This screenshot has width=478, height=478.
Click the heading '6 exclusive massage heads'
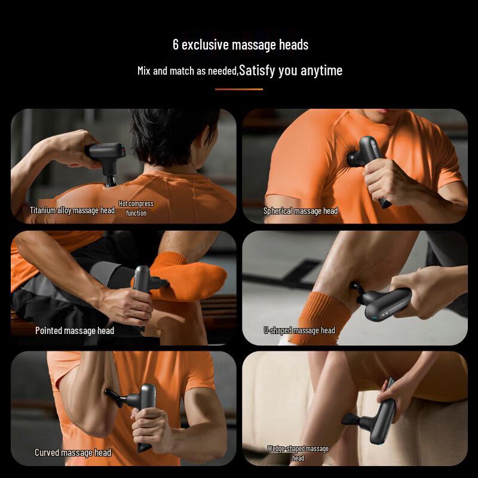pos(240,44)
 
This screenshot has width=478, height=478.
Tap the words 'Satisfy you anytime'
pos(291,71)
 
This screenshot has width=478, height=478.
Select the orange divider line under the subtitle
pos(239,89)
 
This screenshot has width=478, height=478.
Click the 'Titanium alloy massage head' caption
pos(72,210)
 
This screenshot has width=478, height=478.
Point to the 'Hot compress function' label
pos(136,208)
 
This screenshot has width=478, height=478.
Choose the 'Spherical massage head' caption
pos(301,211)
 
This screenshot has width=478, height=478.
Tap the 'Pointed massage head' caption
pos(75,330)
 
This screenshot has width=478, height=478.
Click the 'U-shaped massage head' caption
pos(299,330)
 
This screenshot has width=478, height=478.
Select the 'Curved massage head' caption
pos(73,452)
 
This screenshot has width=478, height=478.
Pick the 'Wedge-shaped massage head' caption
pos(298,453)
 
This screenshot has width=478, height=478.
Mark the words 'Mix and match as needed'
pos(188,71)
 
